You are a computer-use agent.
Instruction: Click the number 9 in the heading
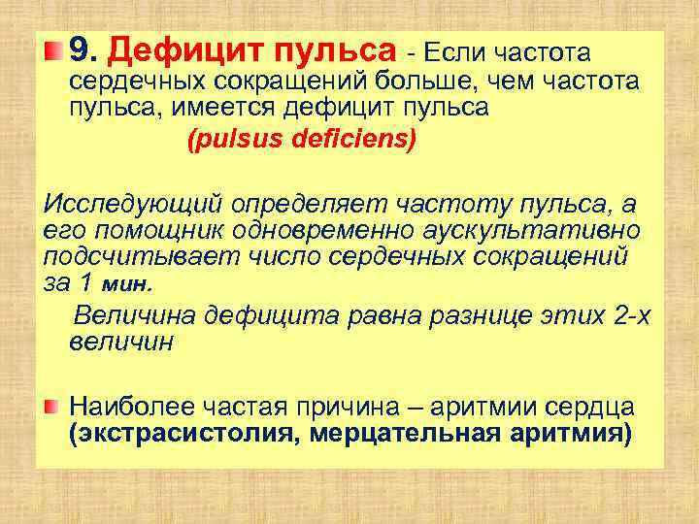tap(80, 49)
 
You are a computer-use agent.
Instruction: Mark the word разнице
tap(460, 315)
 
